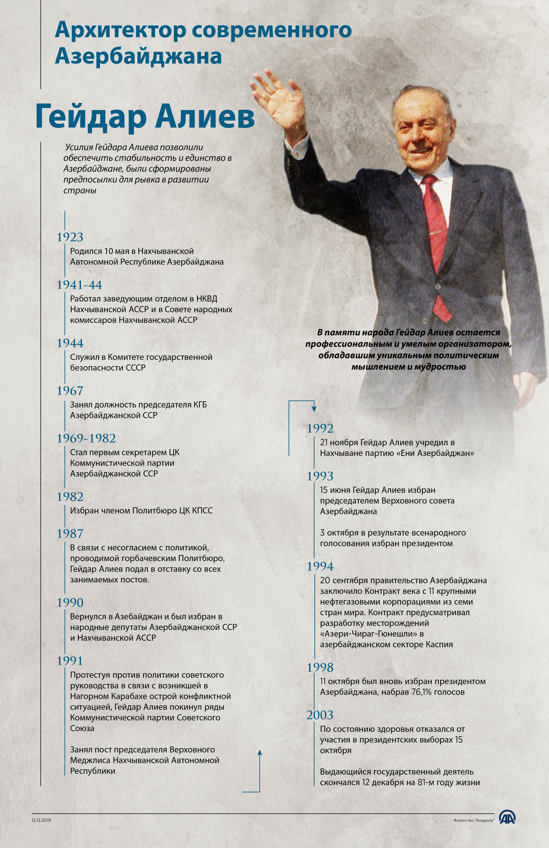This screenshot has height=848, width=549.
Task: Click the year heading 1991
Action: tap(70, 661)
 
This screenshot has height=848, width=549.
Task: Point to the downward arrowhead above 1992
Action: tap(314, 409)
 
